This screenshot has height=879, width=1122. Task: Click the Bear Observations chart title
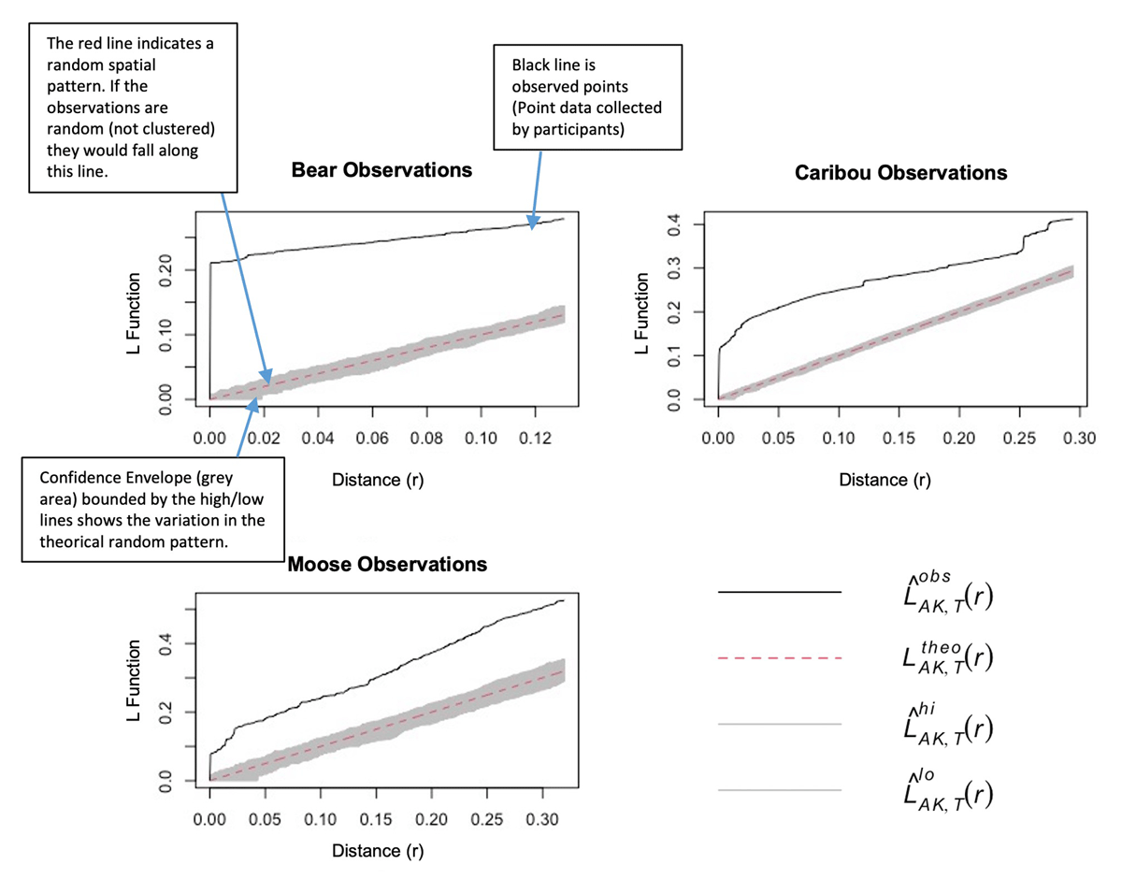(x=381, y=170)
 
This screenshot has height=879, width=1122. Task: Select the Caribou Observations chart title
(x=900, y=173)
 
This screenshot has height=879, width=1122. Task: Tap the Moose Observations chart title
(x=388, y=565)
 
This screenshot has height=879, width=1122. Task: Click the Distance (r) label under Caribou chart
(x=885, y=480)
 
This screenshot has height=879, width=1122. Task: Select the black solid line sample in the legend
(x=779, y=592)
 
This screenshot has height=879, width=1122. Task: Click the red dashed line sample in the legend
(x=779, y=658)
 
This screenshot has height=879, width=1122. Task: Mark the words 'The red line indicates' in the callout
(x=121, y=44)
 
